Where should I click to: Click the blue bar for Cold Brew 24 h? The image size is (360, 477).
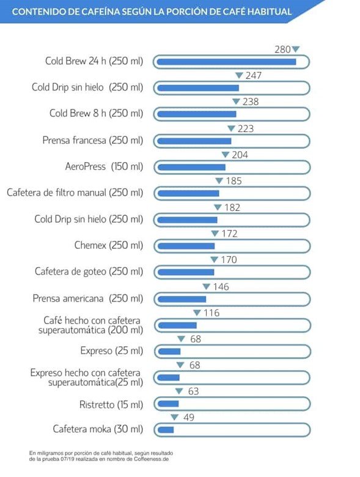[x=227, y=62]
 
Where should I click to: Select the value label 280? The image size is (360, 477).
[x=282, y=50]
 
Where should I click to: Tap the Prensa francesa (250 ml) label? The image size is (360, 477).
[x=93, y=140]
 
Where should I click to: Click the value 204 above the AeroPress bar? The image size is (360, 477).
[x=240, y=155]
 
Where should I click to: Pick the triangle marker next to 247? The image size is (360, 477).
[x=240, y=75]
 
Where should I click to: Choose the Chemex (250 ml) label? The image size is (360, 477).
[x=109, y=245]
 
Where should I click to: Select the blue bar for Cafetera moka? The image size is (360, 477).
[x=166, y=430]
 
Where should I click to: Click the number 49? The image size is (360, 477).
[x=188, y=417]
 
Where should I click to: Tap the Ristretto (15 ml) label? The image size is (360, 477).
[x=111, y=405]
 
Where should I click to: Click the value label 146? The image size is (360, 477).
[x=221, y=287]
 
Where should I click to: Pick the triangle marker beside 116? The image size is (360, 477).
[x=197, y=312]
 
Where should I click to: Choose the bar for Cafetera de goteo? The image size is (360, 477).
[x=186, y=272]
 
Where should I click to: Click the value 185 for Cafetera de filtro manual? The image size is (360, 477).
[x=234, y=181]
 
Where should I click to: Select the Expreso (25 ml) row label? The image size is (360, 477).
[x=112, y=351]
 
